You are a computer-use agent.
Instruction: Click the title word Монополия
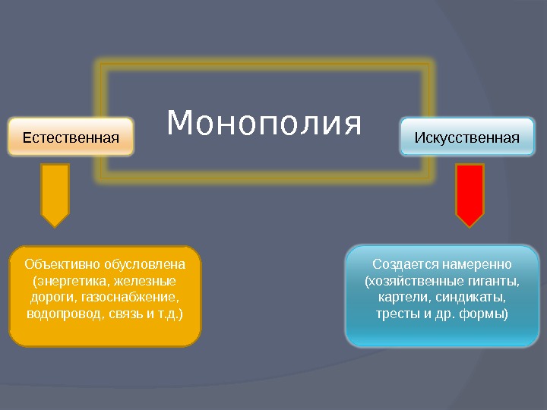point(264,123)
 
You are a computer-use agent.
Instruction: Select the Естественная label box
point(71,137)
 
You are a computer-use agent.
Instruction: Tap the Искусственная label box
point(467,137)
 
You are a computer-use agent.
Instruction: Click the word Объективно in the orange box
point(58,264)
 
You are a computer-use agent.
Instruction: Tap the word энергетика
point(69,281)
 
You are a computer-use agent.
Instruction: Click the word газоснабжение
point(133,297)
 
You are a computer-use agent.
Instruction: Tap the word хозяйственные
point(414,281)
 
